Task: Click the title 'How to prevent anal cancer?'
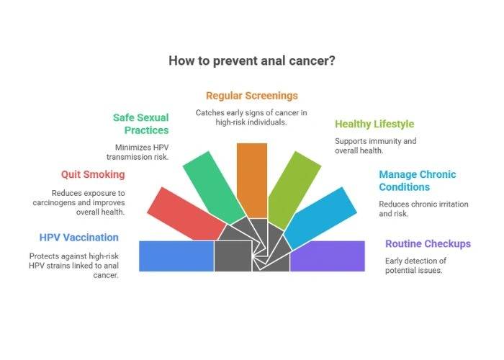(x=252, y=60)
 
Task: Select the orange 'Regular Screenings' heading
(x=251, y=95)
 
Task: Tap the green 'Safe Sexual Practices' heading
(x=140, y=123)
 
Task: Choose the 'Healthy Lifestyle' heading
(x=374, y=124)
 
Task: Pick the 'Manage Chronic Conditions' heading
(x=418, y=181)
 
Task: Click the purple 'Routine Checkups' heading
(x=428, y=243)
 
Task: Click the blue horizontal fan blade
(x=176, y=256)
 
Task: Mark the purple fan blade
(x=328, y=256)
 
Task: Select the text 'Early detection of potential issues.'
(x=415, y=265)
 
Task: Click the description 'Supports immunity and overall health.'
(x=376, y=146)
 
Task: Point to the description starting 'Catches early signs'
(x=252, y=117)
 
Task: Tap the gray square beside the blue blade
(x=232, y=256)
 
